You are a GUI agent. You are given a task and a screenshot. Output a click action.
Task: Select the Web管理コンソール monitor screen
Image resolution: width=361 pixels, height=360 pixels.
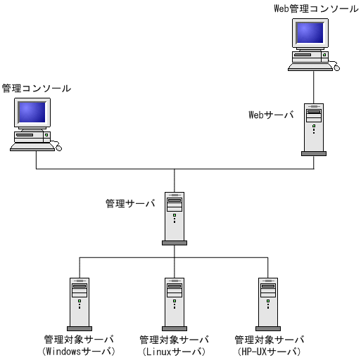[x=310, y=32]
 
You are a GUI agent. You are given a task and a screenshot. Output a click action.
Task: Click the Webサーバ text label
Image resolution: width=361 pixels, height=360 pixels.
[x=271, y=115]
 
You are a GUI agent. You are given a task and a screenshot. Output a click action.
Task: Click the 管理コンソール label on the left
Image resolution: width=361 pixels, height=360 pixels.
[x=36, y=89]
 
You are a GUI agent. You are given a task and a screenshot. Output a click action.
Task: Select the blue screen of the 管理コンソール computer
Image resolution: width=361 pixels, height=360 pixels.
[x=32, y=112]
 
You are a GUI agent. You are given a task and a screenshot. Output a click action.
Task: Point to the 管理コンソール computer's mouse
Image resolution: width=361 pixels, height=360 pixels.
[x=58, y=148]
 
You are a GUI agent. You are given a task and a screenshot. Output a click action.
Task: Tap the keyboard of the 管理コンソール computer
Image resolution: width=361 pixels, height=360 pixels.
[x=32, y=146]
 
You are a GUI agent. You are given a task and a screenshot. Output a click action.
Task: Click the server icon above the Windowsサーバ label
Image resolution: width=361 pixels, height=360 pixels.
[x=80, y=303]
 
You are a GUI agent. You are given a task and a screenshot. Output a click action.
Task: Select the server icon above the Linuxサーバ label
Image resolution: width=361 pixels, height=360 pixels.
[x=174, y=303]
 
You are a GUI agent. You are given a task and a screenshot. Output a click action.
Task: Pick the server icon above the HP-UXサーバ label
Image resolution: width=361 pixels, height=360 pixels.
[x=268, y=303]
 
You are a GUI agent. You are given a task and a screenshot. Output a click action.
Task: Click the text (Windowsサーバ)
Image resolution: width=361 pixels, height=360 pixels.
[x=79, y=351]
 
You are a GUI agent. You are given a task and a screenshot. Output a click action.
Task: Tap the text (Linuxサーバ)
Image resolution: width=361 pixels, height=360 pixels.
[x=174, y=351]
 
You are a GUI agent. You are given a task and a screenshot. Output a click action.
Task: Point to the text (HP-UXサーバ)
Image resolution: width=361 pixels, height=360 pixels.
[x=268, y=351]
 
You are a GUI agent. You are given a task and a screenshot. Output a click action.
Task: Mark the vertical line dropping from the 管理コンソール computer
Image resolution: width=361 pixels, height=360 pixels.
[x=37, y=160]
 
